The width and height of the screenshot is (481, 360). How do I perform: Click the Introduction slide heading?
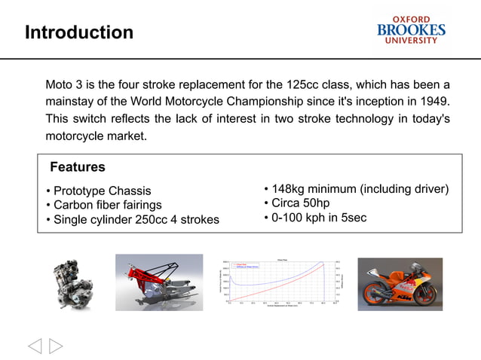point(78,32)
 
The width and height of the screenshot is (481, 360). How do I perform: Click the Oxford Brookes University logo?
point(411,30)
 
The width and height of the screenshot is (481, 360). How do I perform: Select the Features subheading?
point(77,166)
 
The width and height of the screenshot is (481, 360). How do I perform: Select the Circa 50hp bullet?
point(300,203)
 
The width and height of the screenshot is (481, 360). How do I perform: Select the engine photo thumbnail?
point(72,283)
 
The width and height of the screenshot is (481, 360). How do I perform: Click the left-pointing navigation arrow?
point(35,346)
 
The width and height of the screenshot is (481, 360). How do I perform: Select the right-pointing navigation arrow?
point(56,346)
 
